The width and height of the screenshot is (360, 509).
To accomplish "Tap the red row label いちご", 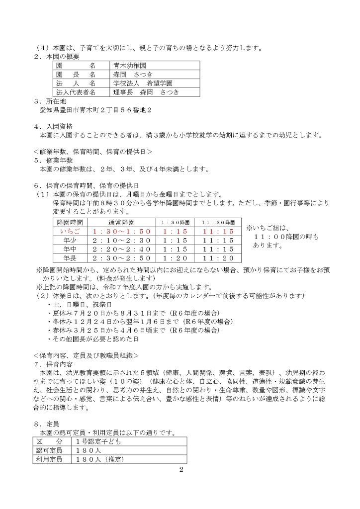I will click(x=70, y=232).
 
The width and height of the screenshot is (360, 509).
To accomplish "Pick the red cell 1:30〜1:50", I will click(x=121, y=232).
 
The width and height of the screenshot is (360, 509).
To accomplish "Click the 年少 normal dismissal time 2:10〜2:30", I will click(x=121, y=241).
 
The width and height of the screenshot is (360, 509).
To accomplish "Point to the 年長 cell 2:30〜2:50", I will click(x=121, y=258).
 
